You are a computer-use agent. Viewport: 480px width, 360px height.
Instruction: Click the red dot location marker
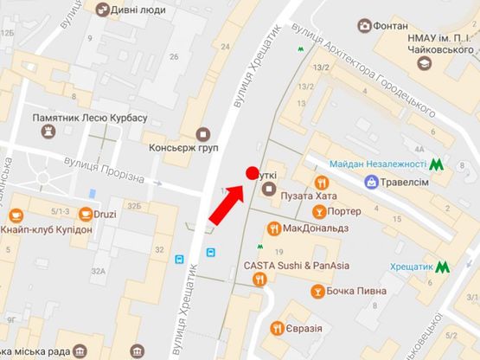(x=253, y=173)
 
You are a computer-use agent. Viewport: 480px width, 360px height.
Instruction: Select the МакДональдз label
(x=316, y=228)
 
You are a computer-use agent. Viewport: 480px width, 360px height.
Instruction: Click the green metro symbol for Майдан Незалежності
(x=438, y=164)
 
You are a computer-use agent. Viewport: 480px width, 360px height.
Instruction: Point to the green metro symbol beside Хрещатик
(x=443, y=268)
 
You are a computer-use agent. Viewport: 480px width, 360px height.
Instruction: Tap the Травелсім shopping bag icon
(x=371, y=183)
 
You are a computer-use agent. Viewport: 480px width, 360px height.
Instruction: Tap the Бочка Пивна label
(x=355, y=291)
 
